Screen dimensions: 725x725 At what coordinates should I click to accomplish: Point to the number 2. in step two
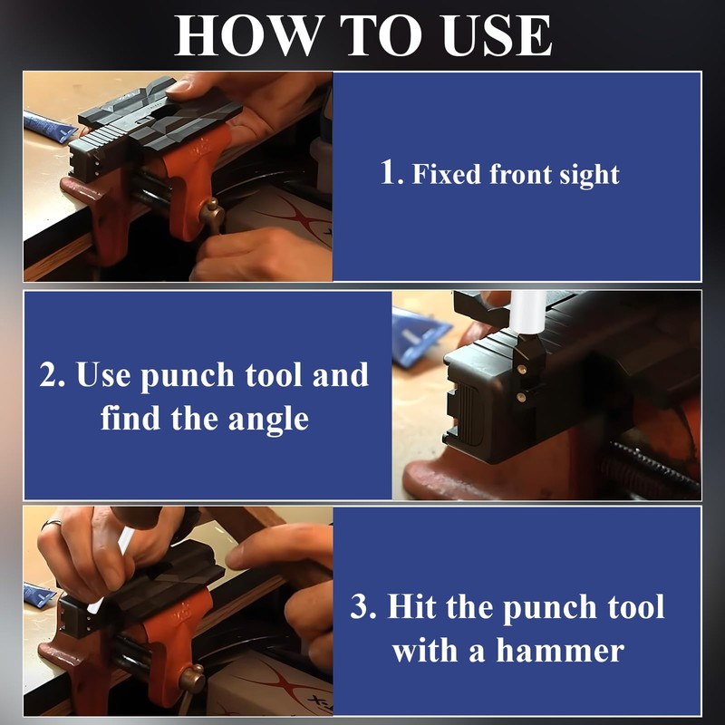coord(53,374)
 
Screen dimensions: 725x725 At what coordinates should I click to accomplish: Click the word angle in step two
coord(268,420)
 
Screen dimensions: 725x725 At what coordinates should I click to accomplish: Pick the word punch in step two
coord(188,376)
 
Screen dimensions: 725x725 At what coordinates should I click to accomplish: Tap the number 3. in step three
coord(363,606)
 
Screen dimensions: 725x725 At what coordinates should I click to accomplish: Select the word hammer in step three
coord(560,651)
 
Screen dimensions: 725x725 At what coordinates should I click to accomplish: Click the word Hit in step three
coord(411,606)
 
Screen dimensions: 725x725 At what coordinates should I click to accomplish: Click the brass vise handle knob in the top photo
coord(211,210)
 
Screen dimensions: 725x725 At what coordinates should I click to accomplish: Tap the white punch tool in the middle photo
coord(527,312)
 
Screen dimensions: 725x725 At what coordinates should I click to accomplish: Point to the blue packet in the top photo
coord(49,126)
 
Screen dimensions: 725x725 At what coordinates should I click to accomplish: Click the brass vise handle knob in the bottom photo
coord(192,678)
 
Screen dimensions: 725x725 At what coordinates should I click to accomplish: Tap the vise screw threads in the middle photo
coord(652,468)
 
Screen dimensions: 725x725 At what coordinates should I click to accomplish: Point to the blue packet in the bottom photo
coord(40,594)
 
